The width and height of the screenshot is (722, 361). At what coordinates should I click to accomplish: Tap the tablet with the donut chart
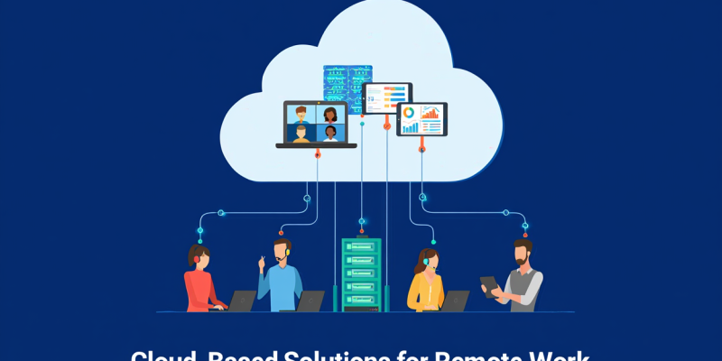(x=421, y=119)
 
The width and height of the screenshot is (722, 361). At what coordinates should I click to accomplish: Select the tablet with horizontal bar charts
(x=387, y=98)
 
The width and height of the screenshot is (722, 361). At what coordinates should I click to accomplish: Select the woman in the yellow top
(x=423, y=282)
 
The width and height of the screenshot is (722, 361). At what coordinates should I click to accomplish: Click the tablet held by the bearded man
(x=488, y=285)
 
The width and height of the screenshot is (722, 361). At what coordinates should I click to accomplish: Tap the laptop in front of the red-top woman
(x=242, y=301)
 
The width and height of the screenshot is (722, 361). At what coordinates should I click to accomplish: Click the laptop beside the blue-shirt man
(x=310, y=301)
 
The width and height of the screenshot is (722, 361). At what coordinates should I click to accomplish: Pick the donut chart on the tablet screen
(x=409, y=113)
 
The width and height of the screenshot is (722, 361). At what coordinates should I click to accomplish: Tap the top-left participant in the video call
(x=301, y=114)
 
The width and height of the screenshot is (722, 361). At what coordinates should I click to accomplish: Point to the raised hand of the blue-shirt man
(x=262, y=261)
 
